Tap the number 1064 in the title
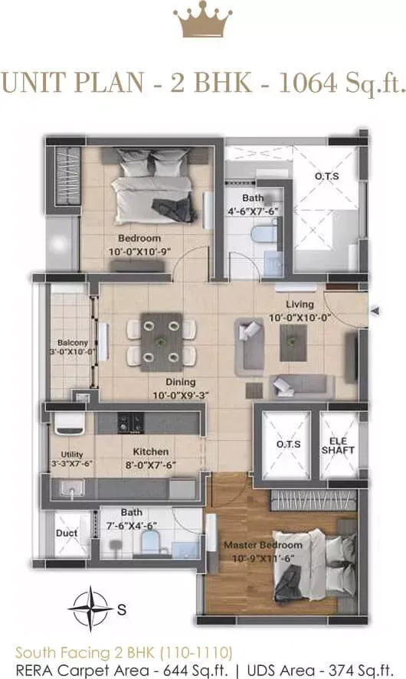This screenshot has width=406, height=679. click(308, 82)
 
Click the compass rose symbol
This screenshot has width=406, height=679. click(90, 608)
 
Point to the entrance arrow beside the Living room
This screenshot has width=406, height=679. click(375, 311)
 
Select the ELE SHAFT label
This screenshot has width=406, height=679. click(338, 446)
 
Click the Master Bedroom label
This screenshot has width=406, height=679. click(263, 545)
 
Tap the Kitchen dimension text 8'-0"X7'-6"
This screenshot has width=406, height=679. click(151, 465)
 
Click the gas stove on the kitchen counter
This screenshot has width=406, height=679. click(131, 423)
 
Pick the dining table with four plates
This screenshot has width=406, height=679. click(161, 342)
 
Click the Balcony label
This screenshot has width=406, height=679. click(72, 342)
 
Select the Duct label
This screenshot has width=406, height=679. click(67, 533)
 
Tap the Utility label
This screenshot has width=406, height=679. click(72, 454)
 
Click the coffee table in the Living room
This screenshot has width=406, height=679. click(293, 343)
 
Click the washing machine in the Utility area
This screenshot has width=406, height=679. click(69, 423)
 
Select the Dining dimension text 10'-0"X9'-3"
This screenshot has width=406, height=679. click(180, 395)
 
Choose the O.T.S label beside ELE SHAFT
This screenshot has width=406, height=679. click(288, 444)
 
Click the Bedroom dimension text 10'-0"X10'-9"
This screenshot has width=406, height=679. click(139, 252)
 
